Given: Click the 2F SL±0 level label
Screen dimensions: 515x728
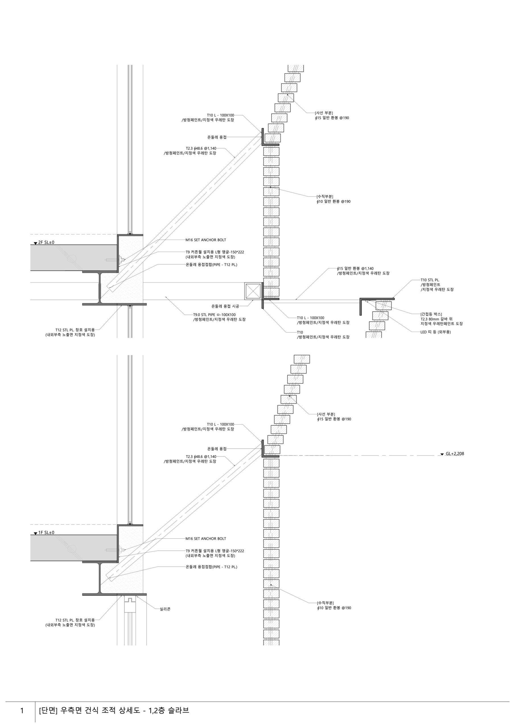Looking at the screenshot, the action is point(46,242).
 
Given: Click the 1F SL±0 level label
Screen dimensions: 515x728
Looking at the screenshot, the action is point(46,532).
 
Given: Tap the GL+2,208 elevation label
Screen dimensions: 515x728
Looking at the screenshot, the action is point(455,454).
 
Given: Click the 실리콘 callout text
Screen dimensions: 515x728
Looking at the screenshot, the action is point(165,609).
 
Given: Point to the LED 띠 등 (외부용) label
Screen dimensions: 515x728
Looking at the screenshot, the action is point(435,332).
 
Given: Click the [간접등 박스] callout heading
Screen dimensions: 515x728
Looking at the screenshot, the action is point(431,314).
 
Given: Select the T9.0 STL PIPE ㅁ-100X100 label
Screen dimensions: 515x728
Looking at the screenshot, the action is point(215,315).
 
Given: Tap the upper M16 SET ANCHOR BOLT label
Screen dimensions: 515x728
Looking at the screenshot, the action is point(206,240).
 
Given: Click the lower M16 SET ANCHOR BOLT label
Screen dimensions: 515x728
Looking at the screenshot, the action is point(206,539).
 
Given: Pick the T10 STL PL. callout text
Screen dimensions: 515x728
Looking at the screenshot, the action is point(430,280).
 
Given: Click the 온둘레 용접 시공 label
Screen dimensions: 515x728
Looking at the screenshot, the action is point(225,306).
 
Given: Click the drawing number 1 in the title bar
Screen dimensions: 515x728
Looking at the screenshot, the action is point(22,711).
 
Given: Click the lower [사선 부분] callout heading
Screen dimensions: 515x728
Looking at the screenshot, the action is point(326,414).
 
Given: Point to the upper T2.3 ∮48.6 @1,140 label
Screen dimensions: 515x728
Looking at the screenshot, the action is point(201,148).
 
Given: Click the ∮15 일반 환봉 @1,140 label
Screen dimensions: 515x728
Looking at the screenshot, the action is point(355,268).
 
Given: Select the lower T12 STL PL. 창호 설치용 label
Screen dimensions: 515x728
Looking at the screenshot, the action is point(75,620).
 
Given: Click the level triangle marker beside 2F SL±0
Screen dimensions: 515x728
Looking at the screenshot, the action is point(35,243).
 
